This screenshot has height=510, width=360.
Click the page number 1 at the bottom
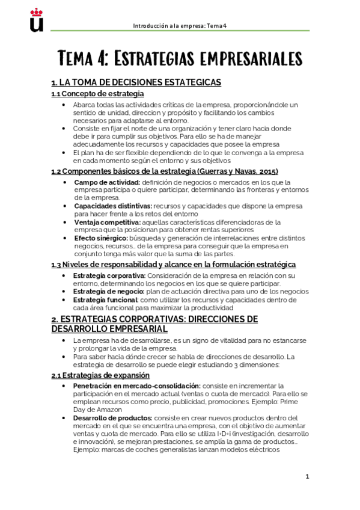pos(307,477)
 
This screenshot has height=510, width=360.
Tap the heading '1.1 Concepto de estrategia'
pos(97,94)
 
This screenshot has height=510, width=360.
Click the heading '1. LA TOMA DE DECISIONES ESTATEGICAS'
pos(136,82)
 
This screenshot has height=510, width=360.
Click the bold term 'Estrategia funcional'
pos(106,300)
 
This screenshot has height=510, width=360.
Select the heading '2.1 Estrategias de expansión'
pos(102,375)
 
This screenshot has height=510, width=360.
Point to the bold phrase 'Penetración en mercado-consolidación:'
pos(136,386)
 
